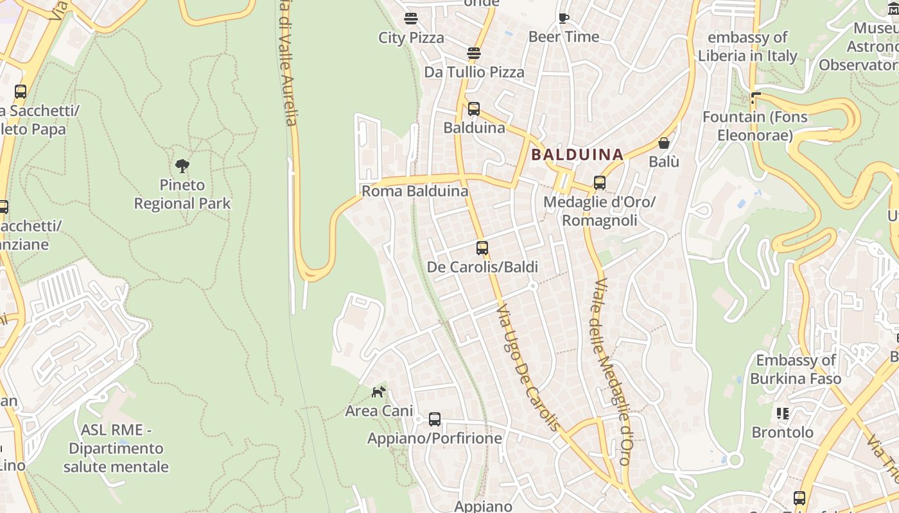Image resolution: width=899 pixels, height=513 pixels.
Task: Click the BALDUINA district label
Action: (577, 155)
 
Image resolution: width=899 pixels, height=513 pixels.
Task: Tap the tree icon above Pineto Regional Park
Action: (182, 166)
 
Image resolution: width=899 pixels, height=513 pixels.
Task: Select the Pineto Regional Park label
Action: (182, 194)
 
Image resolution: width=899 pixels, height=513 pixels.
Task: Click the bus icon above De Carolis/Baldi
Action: (482, 248)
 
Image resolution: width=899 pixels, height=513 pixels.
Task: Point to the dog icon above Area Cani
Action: (379, 391)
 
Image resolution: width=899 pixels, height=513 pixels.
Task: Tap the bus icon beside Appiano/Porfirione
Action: (435, 419)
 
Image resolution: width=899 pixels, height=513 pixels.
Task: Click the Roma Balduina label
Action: (415, 191)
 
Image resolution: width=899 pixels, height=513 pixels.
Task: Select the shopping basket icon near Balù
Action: (663, 143)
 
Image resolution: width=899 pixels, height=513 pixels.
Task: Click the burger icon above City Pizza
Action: (411, 19)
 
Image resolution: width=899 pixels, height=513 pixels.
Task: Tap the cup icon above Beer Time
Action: (564, 18)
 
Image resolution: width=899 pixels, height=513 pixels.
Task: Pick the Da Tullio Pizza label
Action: (474, 72)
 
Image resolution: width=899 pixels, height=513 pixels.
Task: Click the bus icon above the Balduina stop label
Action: (474, 109)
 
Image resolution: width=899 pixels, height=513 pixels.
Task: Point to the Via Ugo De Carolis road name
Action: (528, 368)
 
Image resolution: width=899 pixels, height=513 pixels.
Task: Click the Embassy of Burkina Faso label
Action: (796, 369)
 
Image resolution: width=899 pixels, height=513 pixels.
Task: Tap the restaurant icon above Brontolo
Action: (782, 414)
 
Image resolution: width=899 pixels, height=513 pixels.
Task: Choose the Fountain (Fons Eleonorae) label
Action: (755, 126)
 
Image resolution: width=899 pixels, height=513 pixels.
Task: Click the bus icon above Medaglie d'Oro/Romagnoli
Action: (600, 183)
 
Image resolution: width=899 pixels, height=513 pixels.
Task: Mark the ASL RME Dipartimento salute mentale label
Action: (116, 448)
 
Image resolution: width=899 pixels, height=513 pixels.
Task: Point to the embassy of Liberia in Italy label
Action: (747, 47)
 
